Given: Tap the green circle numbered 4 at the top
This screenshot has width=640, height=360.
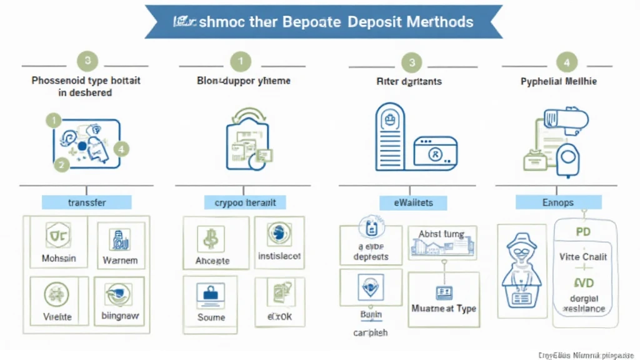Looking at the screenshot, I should coord(566,62).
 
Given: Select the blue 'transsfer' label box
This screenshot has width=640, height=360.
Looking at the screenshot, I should coord(87,202).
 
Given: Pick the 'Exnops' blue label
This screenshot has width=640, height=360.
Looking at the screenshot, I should coord(558,202).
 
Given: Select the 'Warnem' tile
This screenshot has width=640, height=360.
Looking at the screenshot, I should coord(120,244).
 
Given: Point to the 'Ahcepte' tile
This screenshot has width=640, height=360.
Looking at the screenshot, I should coord(212,244).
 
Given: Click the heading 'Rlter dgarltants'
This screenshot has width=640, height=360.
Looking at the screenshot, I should coord(409,81).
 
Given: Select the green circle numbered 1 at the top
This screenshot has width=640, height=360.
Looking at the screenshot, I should coord(241,61).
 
